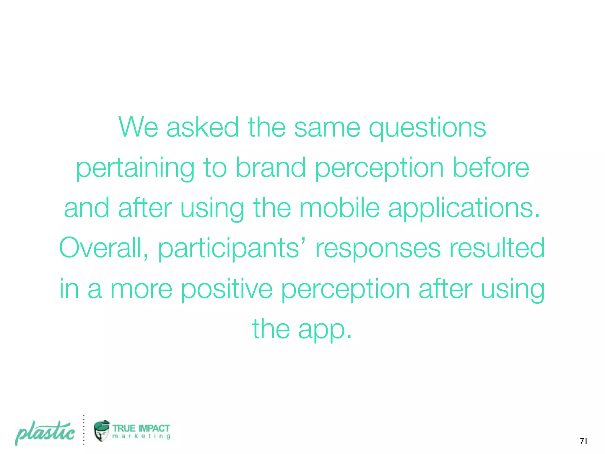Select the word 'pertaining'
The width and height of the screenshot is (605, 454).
pyautogui.click(x=135, y=168)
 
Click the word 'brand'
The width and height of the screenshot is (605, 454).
pyautogui.click(x=270, y=168)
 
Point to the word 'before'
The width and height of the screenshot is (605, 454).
pyautogui.click(x=491, y=168)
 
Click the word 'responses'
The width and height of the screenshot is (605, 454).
pyautogui.click(x=378, y=249)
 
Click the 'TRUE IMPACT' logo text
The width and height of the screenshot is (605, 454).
pyautogui.click(x=141, y=428)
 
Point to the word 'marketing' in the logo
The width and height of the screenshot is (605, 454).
pyautogui.click(x=141, y=436)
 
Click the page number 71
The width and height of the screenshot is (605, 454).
pyautogui.click(x=583, y=441)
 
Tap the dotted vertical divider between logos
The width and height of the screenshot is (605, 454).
pyautogui.click(x=84, y=430)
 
